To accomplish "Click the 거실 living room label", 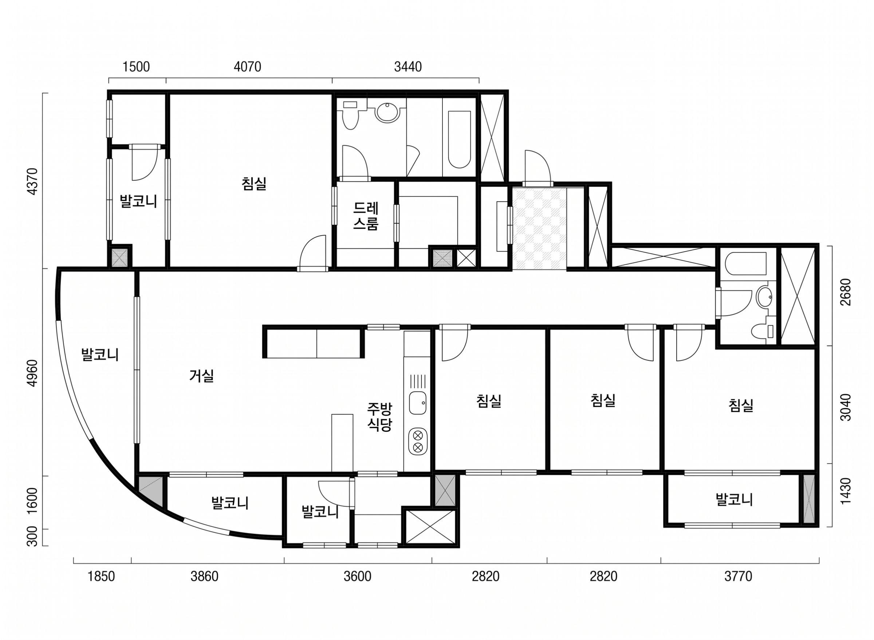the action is coord(201,376).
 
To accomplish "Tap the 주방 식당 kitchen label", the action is coord(379,417).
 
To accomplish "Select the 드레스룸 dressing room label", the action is coord(365,217).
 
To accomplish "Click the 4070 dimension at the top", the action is coord(247,67).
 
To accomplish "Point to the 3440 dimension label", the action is coord(408,67).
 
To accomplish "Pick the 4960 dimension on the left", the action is coord(33,373).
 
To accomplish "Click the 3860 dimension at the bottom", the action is coord(204,577).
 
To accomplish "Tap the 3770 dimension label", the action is coord(738,577).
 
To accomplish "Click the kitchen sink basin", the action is coord(418,403).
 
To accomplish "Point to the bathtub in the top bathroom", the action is coord(459,140).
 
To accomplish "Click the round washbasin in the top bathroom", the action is coord(386,112).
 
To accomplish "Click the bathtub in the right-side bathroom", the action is coord(746,264).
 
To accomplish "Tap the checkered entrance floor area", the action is coord(539,228).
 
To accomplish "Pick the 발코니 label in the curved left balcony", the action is coord(100,355).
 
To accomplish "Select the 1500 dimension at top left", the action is coord(136,67).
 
